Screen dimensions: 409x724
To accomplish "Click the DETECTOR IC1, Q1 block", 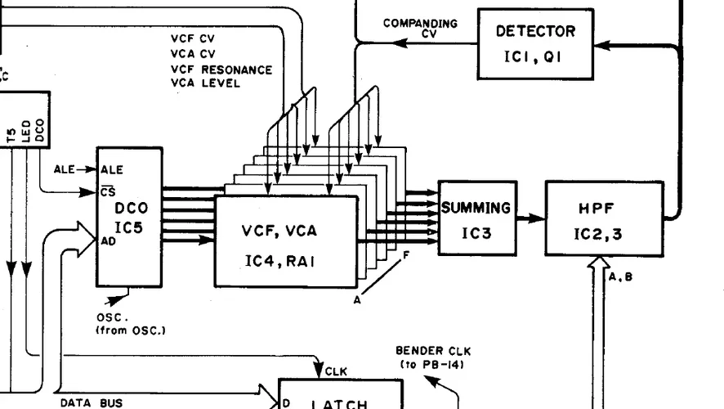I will (x=535, y=43).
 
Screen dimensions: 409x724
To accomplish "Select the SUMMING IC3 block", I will (x=477, y=218).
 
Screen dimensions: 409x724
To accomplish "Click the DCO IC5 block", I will (x=129, y=217).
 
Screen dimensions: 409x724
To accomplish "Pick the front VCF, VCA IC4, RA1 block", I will (x=286, y=241).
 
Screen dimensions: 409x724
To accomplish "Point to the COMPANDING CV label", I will (x=420, y=28).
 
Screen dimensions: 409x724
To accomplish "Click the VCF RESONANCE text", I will (x=221, y=70).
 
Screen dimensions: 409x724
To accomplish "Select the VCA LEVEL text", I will (x=205, y=83).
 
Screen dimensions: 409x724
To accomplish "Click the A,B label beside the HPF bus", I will (x=620, y=277).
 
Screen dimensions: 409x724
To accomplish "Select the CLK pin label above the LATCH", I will (x=336, y=371).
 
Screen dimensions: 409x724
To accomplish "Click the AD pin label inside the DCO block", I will (x=106, y=242).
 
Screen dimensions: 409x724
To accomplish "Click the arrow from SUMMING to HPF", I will (x=530, y=219).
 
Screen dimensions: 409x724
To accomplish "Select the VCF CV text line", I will (x=193, y=38).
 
